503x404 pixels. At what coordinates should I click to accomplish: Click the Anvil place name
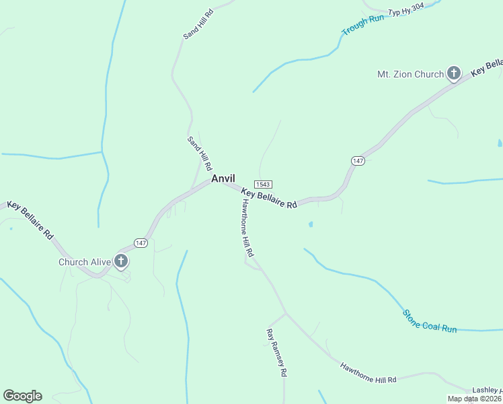pos(223,178)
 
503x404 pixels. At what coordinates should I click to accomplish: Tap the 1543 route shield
pos(263,184)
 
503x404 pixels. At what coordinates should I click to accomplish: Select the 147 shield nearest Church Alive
pos(141,242)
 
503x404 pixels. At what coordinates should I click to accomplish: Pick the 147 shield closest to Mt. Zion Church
pos(358,160)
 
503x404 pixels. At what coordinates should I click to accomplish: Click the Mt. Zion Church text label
pos(410,74)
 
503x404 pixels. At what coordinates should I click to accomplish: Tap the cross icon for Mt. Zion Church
pos(454,73)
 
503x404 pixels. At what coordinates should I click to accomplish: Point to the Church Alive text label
pos(84,262)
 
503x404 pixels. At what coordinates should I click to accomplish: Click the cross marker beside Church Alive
pos(121,261)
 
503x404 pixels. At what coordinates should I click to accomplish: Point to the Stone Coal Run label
pos(430,321)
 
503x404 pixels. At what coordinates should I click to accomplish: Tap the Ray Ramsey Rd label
pos(276,352)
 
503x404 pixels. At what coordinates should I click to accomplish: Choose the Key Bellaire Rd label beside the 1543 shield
pos(269,199)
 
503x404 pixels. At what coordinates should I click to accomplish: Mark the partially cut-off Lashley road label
pos(488,391)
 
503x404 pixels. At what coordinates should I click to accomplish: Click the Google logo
pos(22,396)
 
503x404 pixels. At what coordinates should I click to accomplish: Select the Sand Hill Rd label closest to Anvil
pos(200,153)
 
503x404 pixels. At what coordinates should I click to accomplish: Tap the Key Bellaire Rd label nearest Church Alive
pos(30,220)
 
